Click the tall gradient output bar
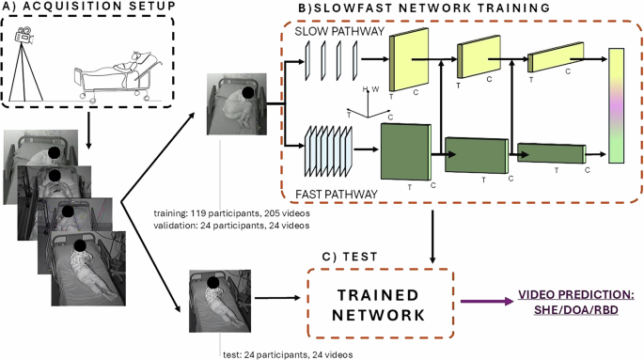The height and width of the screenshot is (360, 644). point(617,106)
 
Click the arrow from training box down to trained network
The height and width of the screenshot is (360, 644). point(432,234)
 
